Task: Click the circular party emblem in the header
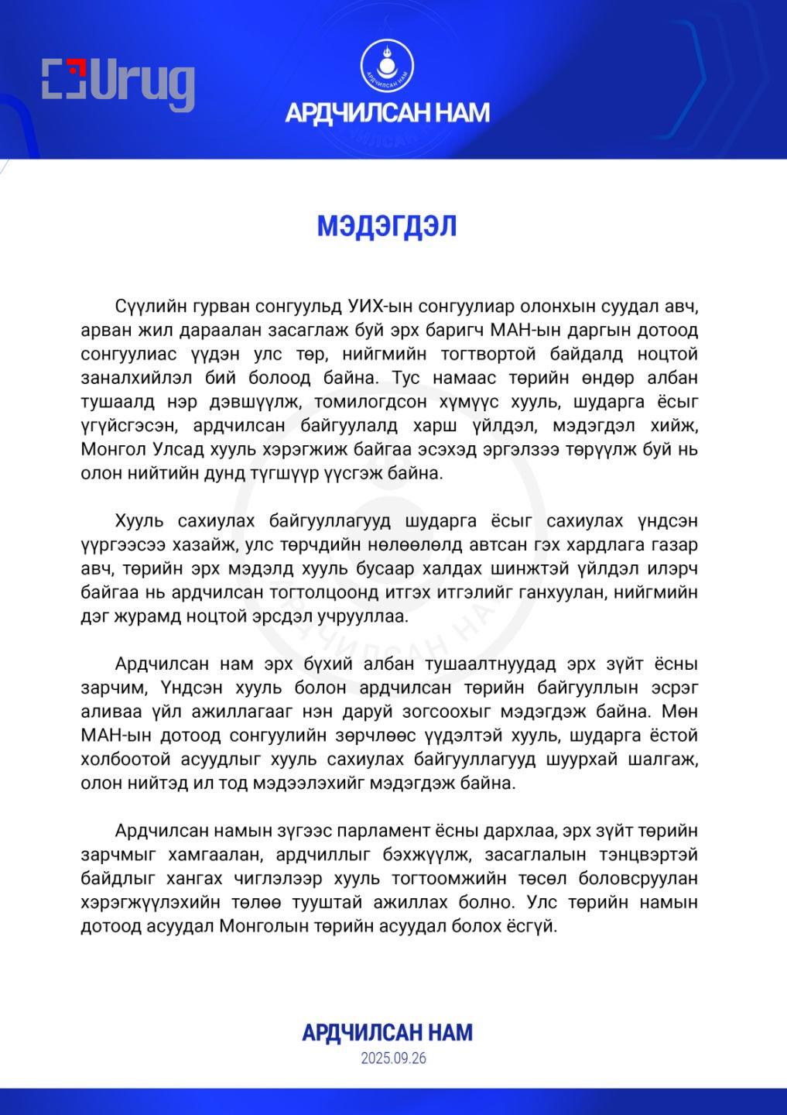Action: point(387,67)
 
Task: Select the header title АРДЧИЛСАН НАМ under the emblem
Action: point(387,113)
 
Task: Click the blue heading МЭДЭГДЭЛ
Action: point(387,226)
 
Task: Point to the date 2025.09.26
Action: point(393,1058)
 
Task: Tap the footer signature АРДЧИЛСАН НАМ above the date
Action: point(387,1032)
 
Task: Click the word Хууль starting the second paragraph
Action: point(139,520)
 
